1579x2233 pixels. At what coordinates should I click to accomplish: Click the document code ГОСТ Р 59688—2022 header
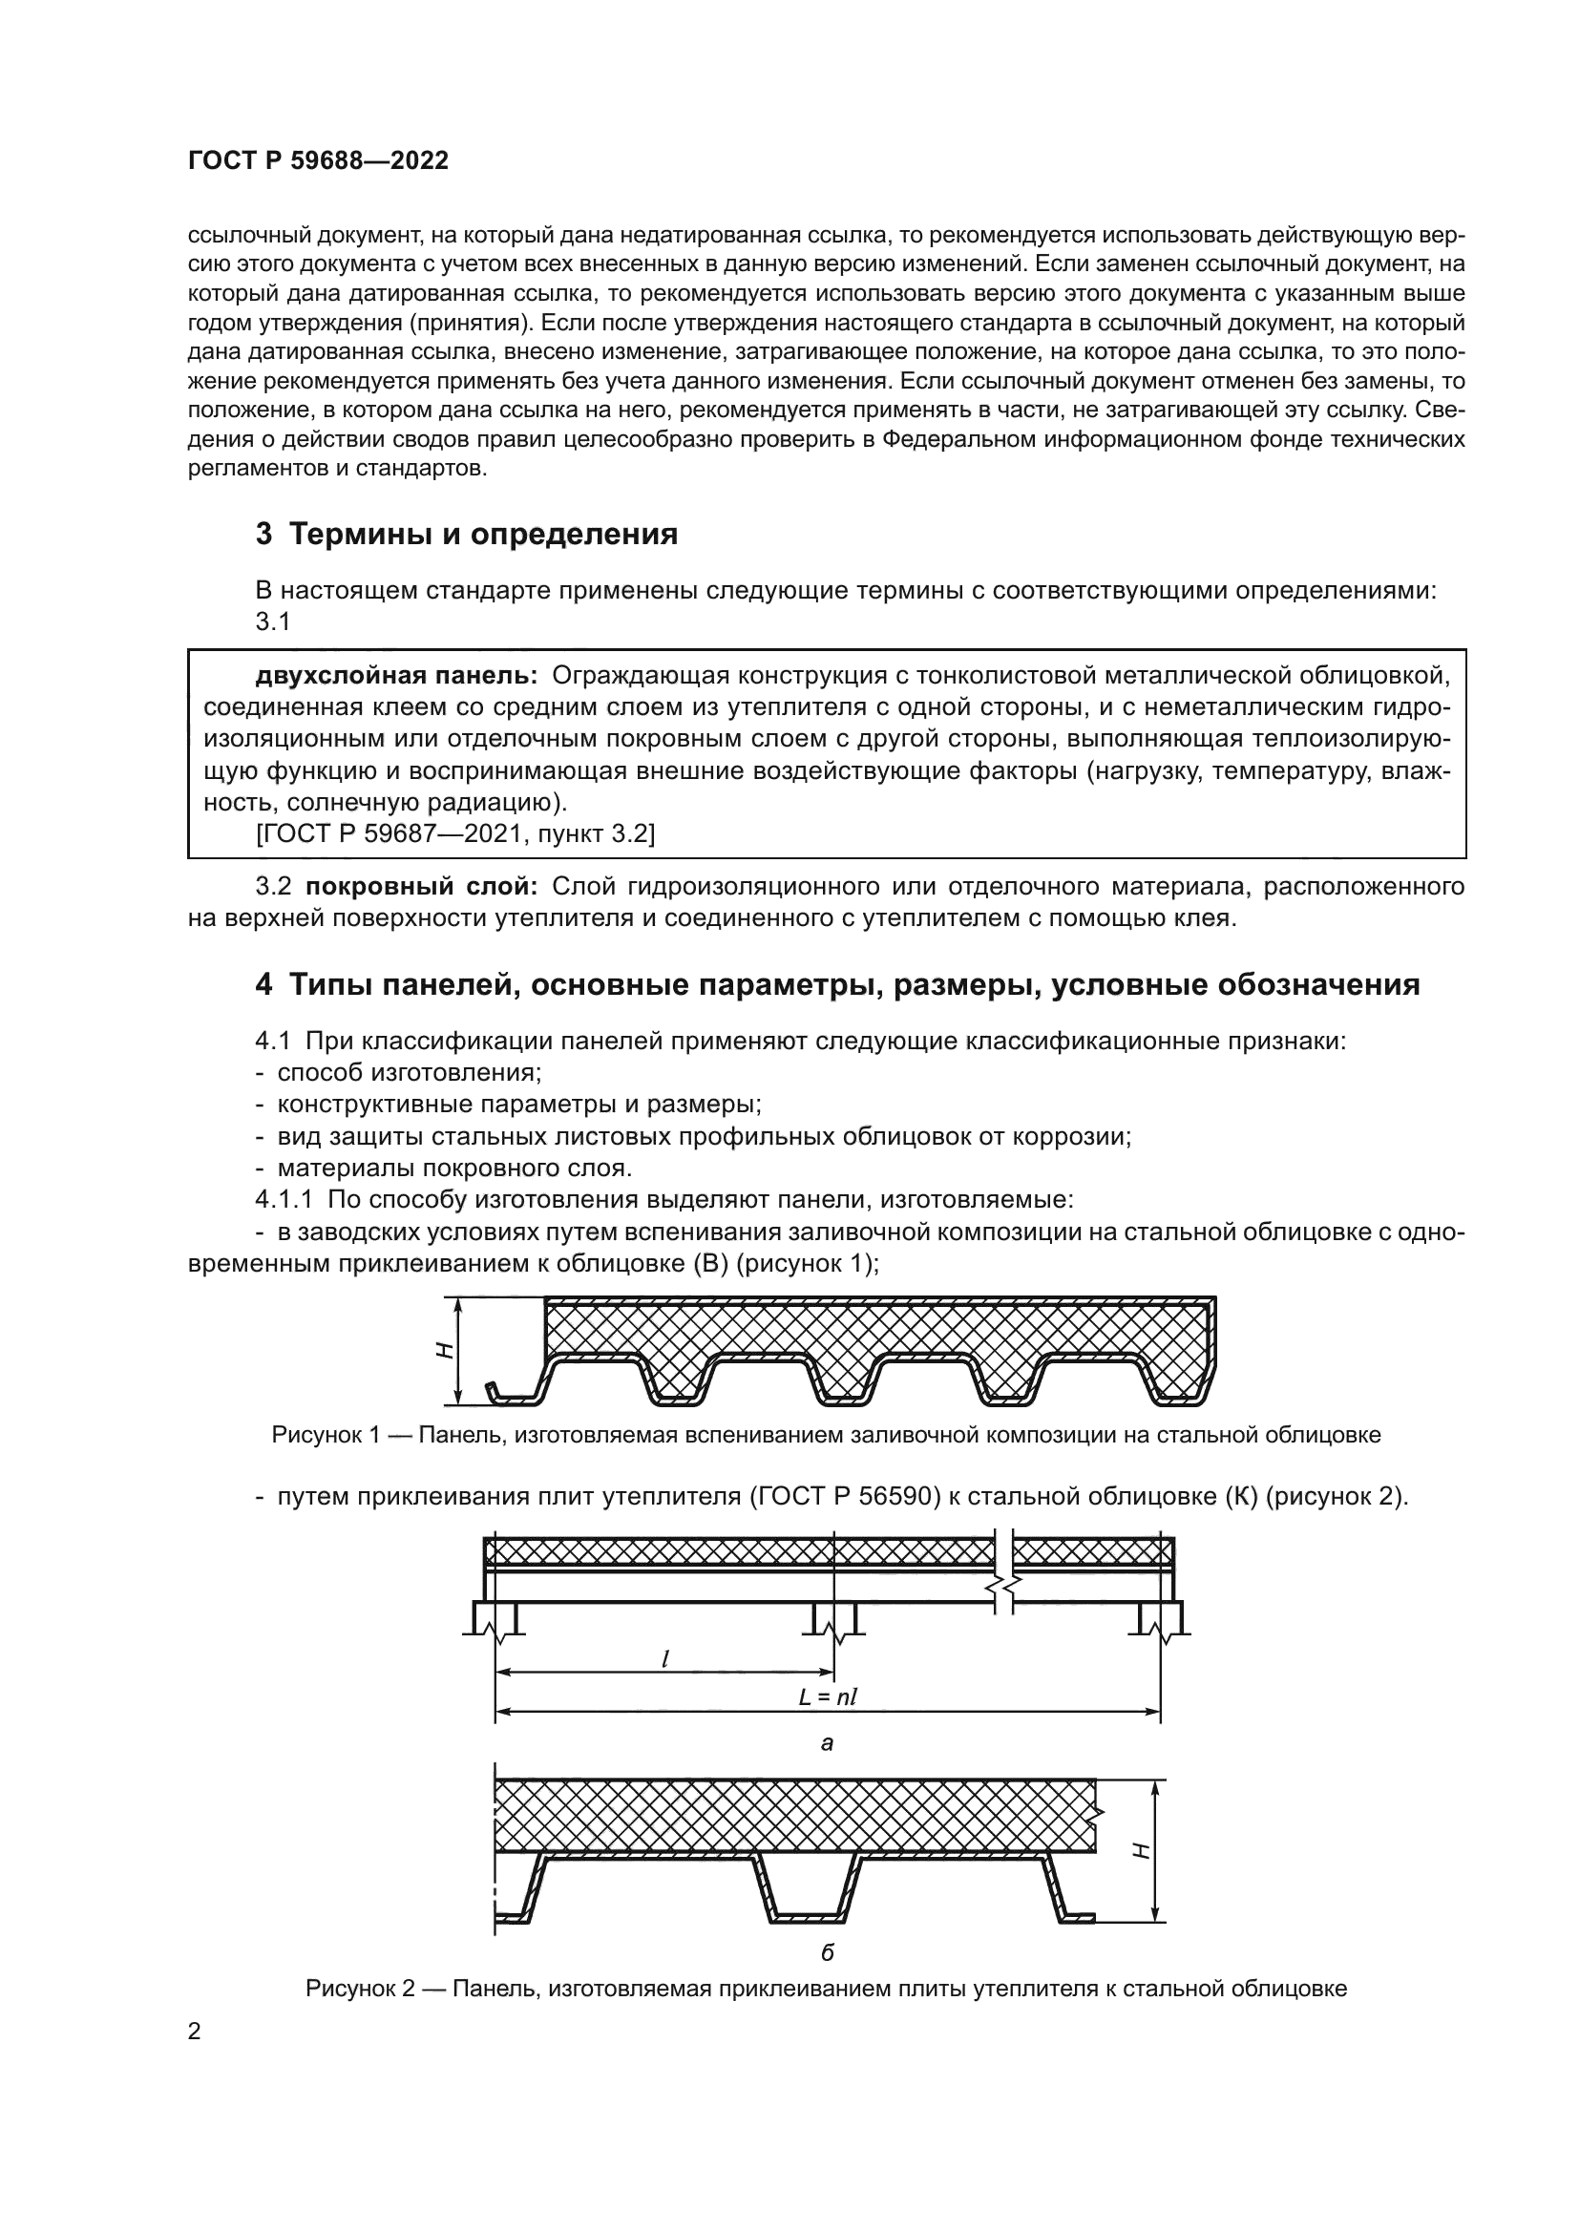tap(318, 161)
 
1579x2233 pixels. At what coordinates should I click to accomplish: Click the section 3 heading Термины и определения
tap(467, 534)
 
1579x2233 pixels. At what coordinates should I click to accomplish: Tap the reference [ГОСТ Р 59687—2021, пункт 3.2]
tap(455, 833)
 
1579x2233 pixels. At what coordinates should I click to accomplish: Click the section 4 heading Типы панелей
tap(836, 984)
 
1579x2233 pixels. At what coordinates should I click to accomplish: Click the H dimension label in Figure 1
tap(443, 1350)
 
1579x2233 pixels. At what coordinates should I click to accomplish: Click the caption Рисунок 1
tap(826, 1435)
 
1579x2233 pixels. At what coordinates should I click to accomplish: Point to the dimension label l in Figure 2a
tap(664, 1659)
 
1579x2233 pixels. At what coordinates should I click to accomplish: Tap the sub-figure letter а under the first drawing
tap(827, 1744)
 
